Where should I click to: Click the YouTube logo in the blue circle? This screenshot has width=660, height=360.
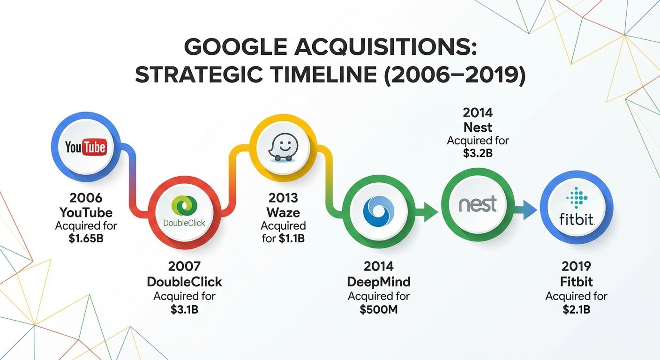[86, 147]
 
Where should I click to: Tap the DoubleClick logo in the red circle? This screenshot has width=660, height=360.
[184, 213]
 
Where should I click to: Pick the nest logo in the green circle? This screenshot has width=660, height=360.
[477, 205]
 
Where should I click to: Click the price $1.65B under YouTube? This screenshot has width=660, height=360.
[86, 239]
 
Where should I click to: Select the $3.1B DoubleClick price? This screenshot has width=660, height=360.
[184, 310]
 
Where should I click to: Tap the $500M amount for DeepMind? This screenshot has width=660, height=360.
[379, 310]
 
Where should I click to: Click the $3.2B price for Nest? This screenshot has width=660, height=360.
[478, 154]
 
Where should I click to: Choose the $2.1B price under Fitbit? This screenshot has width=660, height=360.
[577, 310]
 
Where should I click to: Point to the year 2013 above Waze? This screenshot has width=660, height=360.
[283, 198]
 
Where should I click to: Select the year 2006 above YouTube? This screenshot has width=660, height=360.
[86, 198]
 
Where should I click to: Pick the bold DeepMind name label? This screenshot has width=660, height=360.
[379, 282]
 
